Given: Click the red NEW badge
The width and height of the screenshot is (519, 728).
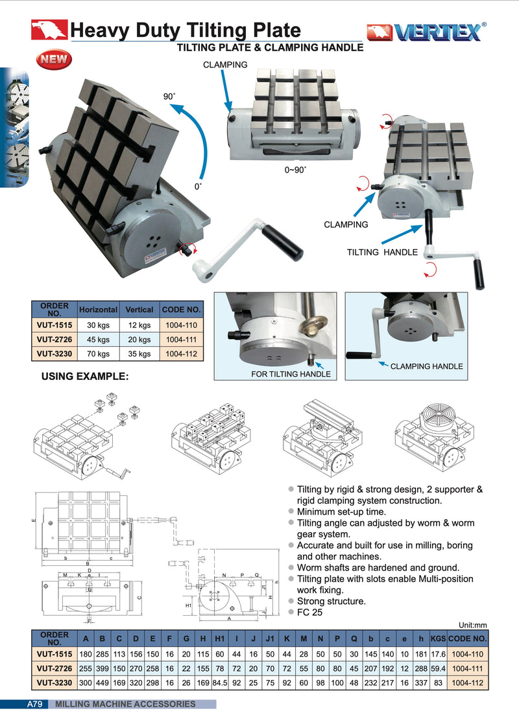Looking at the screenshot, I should pos(54,60).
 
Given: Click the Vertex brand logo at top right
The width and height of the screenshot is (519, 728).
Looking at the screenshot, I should pos(426,32).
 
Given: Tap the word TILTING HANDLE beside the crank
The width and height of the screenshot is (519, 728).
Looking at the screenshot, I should pos(382,252).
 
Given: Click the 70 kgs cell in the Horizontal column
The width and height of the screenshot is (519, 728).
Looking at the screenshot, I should pos(99,354).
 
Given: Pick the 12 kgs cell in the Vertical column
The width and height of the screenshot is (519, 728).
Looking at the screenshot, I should pos(139,325).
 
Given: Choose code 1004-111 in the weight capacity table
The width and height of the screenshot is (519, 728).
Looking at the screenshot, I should pos(182,340).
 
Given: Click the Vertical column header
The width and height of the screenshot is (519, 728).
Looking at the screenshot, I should pos(139,310).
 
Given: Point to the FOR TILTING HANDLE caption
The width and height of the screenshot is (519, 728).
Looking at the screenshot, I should pos(290,374).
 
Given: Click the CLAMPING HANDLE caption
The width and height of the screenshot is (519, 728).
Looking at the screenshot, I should pos(426,366).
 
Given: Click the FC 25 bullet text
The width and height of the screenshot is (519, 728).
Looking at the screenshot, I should pos(309,613).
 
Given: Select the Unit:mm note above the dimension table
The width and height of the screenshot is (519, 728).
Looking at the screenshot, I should pos(472,625).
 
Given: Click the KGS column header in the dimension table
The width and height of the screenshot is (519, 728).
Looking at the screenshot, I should pos(437,638).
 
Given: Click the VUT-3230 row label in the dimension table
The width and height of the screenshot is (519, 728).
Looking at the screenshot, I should pos(54,683).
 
